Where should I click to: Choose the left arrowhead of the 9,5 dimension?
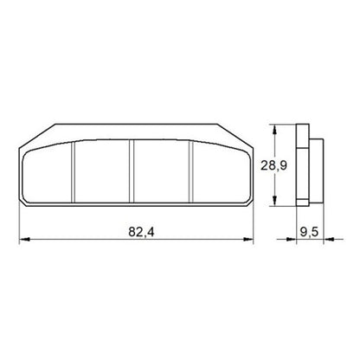click(x=296, y=241)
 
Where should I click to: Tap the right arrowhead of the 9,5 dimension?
click(x=323, y=241)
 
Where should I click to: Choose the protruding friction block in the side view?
click(x=317, y=165)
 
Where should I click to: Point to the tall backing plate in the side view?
click(x=301, y=165)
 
